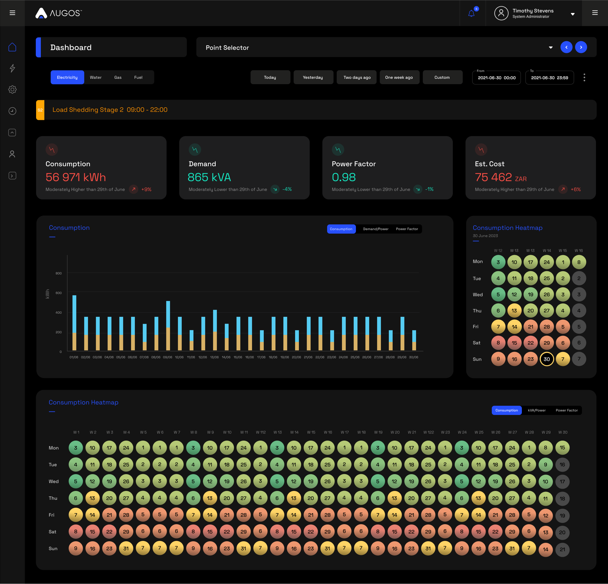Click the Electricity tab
tap(67, 77)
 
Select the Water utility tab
tap(96, 77)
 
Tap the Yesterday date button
tap(313, 77)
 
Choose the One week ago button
tap(399, 77)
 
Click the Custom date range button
tap(442, 77)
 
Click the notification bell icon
tap(471, 13)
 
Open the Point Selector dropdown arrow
tap(551, 47)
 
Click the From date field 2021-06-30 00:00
tap(497, 78)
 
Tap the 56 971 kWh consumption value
tap(76, 177)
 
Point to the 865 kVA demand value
tap(209, 177)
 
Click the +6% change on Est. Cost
tap(576, 189)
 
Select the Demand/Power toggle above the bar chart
tap(376, 229)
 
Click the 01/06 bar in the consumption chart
tap(74, 323)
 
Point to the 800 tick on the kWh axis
tap(59, 273)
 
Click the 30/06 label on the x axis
tap(414, 357)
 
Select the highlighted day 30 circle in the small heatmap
tap(547, 359)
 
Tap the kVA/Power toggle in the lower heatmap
tap(537, 410)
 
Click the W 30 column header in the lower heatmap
tap(563, 432)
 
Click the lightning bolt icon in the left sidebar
tap(12, 68)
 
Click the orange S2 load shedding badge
tap(40, 110)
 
